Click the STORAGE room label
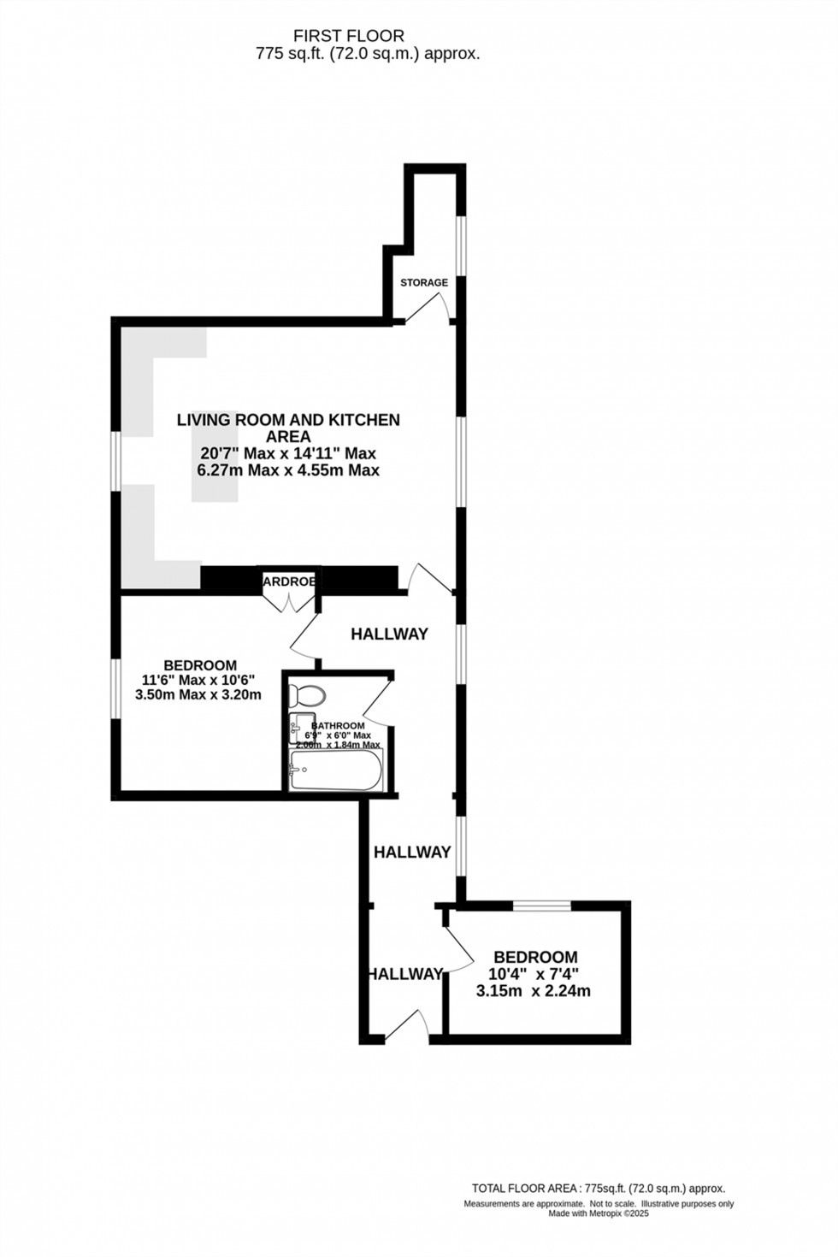tap(424, 282)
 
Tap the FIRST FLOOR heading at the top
tap(349, 36)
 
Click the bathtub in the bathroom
tap(335, 770)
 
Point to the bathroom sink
tap(301, 723)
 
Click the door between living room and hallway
tap(430, 578)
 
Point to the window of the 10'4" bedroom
tap(541, 905)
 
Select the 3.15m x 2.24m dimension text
tap(534, 992)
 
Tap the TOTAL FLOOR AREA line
tap(599, 1189)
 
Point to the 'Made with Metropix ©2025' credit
tap(599, 1213)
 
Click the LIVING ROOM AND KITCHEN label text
tap(288, 420)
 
